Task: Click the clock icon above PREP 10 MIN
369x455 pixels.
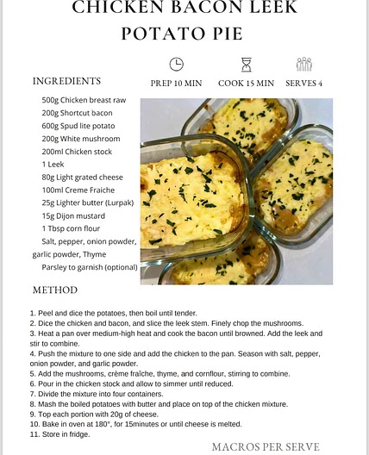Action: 176,65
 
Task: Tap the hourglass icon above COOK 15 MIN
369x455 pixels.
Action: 246,65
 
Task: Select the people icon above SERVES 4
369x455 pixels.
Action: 303,65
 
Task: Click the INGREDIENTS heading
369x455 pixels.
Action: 66,81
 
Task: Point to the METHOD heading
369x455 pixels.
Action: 55,290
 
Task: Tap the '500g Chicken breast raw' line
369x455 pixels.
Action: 84,100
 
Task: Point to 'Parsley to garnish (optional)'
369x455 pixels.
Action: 90,267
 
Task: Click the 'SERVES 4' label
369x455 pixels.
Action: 304,83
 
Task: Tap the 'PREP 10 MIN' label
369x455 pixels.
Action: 177,83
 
